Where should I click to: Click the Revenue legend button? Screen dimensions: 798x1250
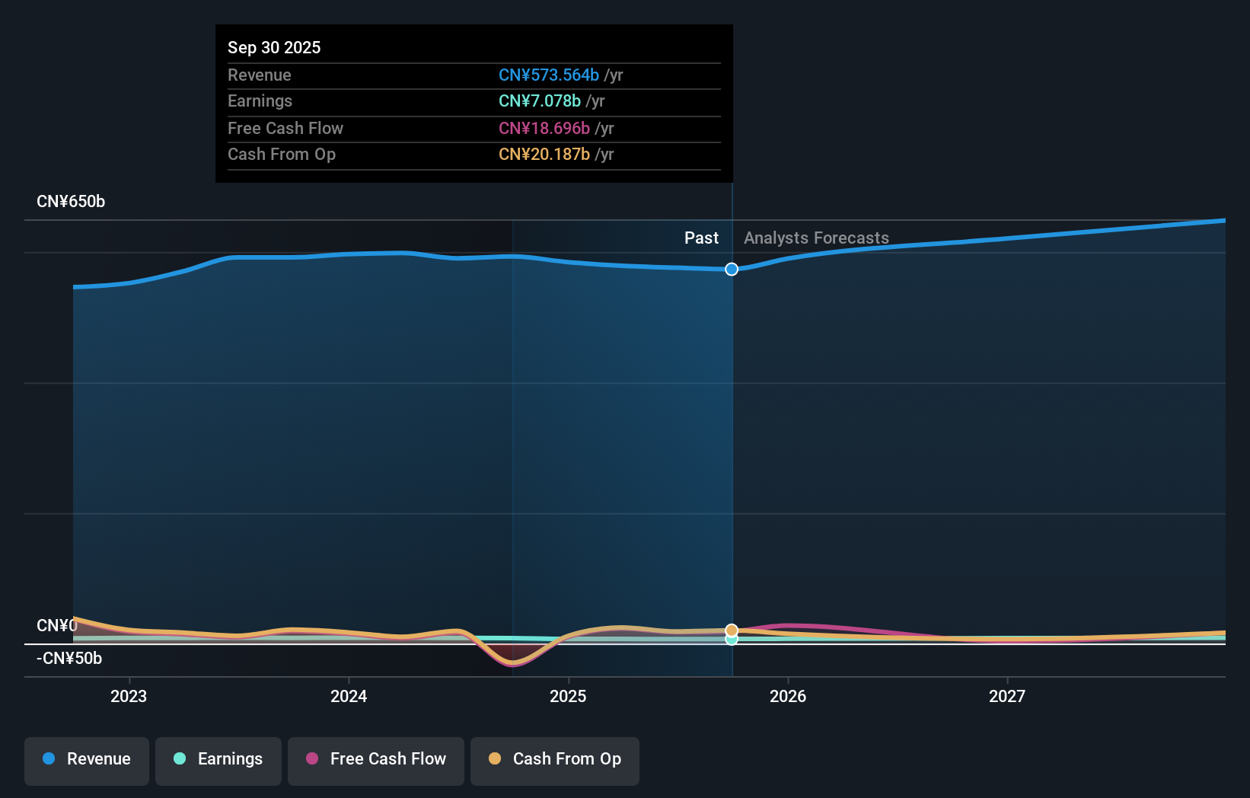coord(87,760)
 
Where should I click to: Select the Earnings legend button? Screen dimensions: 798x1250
coord(218,760)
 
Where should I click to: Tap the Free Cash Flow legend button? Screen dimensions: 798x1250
coord(376,760)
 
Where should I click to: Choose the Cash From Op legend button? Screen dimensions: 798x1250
coord(555,760)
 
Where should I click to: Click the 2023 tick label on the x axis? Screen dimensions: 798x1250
coord(129,696)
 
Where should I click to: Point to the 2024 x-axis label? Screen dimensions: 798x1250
coord(349,696)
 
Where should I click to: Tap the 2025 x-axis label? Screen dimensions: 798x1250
coord(568,696)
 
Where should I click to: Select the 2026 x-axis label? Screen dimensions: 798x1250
coord(788,696)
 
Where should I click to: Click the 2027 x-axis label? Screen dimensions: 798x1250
coord(1007,696)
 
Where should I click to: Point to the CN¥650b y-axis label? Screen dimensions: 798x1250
coord(71,202)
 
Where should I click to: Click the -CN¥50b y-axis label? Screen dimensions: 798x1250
coord(69,659)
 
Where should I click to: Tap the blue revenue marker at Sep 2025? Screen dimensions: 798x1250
coord(732,269)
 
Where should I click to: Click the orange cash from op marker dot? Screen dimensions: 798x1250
coord(732,630)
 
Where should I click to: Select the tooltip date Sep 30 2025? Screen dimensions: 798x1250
coord(274,47)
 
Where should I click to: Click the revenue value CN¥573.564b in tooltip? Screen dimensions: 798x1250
coord(549,75)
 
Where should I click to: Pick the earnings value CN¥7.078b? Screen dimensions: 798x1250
coord(540,101)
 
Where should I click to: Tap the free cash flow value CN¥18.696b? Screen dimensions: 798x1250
coord(544,129)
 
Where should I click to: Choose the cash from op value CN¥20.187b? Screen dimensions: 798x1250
coord(544,155)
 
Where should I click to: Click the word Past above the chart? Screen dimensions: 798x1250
coord(701,238)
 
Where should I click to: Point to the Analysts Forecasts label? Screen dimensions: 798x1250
coord(816,238)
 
